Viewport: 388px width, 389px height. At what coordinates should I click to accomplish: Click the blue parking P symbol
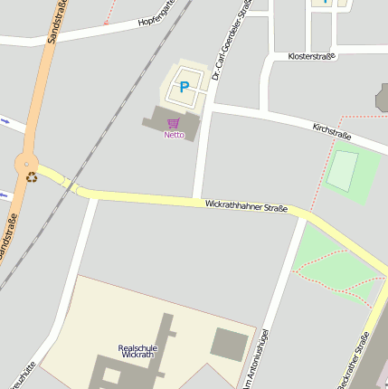[185, 87]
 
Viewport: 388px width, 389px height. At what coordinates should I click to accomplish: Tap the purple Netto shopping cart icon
[174, 123]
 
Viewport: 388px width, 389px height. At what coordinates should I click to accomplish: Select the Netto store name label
[174, 135]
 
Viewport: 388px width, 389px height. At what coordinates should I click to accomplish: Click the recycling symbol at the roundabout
[32, 176]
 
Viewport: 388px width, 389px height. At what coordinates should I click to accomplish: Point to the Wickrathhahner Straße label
[246, 206]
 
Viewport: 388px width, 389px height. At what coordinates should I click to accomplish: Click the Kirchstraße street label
[331, 131]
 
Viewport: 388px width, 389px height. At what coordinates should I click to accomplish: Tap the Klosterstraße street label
[311, 56]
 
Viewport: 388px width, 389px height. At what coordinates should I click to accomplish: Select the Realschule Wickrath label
[137, 351]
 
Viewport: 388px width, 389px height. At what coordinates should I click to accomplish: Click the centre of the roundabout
[27, 166]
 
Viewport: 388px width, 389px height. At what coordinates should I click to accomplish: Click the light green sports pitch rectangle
[342, 172]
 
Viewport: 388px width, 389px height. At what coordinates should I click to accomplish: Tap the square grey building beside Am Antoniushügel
[229, 343]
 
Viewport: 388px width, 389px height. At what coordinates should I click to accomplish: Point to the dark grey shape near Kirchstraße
[383, 98]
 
